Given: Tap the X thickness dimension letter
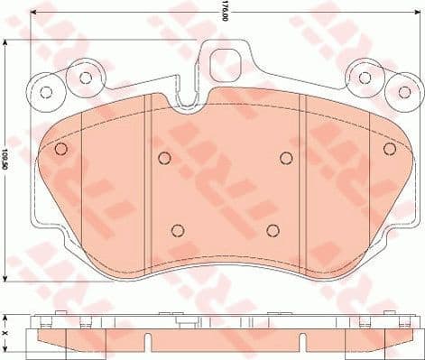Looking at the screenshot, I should pos(7,333).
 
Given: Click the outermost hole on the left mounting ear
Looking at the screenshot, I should pos(48,90).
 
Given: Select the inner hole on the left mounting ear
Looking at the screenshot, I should pos(86,77).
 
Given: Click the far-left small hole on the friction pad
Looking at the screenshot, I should pos(61,149).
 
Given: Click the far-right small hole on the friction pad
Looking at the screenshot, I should pos(390,149).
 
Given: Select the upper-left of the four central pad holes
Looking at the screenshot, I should pos(163,159).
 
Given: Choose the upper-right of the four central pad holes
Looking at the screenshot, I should pos(286,159).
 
